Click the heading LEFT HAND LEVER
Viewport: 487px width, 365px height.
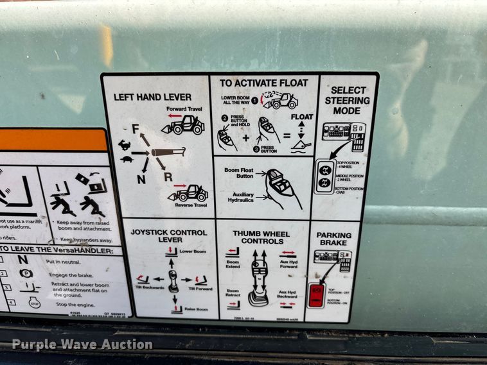(152, 97)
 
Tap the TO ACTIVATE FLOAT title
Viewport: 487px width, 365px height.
(263, 83)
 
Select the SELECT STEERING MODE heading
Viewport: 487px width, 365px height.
(347, 100)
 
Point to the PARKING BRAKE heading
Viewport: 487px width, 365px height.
(333, 239)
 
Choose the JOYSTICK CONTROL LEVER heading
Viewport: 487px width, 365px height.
(170, 235)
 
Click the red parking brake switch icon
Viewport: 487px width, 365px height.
(316, 295)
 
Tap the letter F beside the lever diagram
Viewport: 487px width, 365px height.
(136, 130)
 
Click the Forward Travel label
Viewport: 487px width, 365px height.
(184, 109)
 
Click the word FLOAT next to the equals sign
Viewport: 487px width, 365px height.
(301, 117)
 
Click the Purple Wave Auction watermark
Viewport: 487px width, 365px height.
(82, 344)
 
